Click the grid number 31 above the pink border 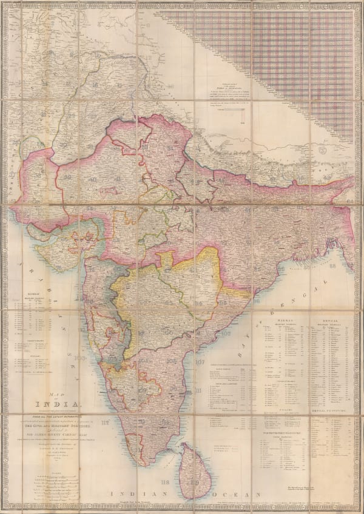pyautogui.click(x=92, y=147)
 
